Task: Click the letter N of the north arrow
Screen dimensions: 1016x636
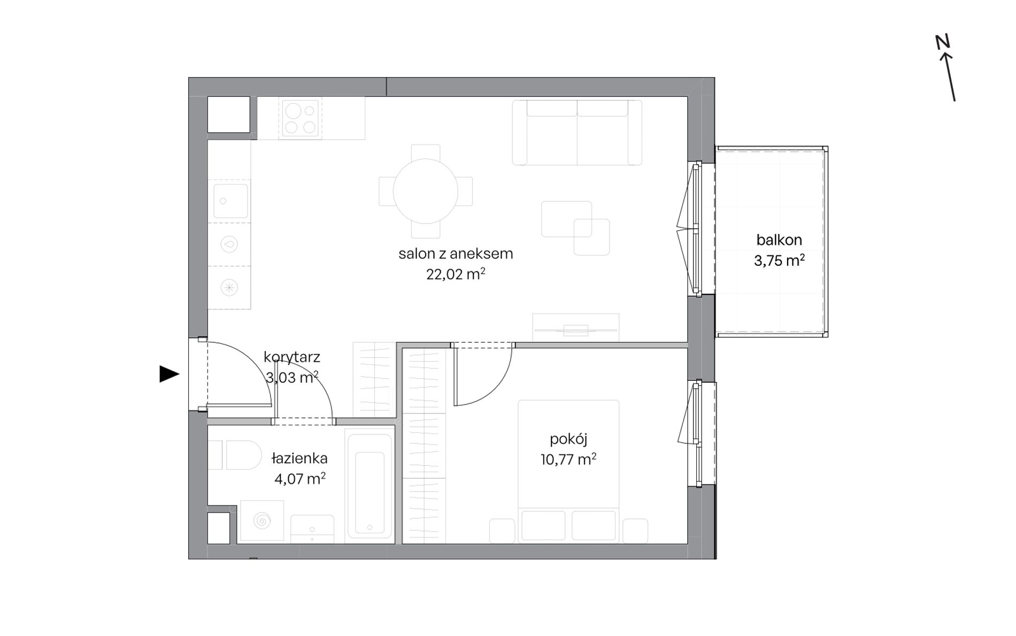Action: pyautogui.click(x=942, y=42)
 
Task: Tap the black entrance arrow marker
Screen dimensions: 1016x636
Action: pyautogui.click(x=170, y=374)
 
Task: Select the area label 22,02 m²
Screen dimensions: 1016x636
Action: pyautogui.click(x=456, y=274)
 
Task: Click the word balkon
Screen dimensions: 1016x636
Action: pyautogui.click(x=779, y=240)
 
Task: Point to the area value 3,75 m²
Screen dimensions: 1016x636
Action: pyautogui.click(x=779, y=260)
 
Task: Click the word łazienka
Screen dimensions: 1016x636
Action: pyautogui.click(x=299, y=458)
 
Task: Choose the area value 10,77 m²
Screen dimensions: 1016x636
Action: pyautogui.click(x=568, y=459)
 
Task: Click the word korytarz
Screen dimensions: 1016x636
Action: pyautogui.click(x=292, y=357)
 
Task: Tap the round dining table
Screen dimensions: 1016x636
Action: pyautogui.click(x=426, y=191)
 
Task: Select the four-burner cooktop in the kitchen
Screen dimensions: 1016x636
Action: pyautogui.click(x=300, y=119)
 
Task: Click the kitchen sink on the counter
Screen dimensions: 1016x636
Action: pyautogui.click(x=231, y=201)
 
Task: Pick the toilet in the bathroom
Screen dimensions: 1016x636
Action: pyautogui.click(x=235, y=455)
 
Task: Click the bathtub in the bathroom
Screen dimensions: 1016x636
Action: pyautogui.click(x=370, y=486)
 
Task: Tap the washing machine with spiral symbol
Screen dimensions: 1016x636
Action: pyautogui.click(x=262, y=520)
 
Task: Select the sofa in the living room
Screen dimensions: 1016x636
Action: pyautogui.click(x=577, y=133)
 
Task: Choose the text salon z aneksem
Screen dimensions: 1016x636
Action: pyautogui.click(x=456, y=254)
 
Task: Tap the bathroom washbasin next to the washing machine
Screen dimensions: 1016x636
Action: pyautogui.click(x=312, y=528)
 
